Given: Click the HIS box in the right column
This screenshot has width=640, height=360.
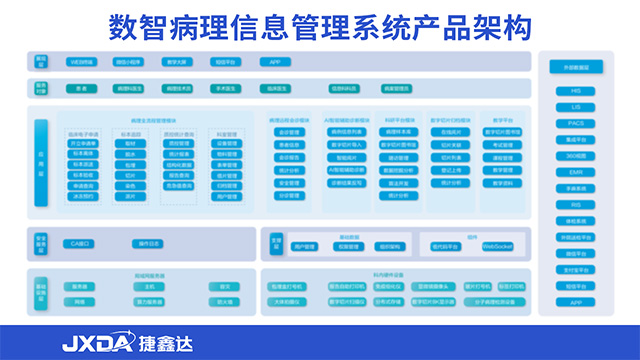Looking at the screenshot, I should tap(576, 91).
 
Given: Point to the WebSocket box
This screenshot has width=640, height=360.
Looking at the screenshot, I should tap(497, 246).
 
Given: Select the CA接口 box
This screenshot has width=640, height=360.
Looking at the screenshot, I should tap(79, 243).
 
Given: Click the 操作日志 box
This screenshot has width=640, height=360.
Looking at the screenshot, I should tap(149, 243).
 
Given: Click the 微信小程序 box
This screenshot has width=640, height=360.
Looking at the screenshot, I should tap(129, 62).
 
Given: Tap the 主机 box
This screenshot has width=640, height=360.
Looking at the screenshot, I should tap(150, 286).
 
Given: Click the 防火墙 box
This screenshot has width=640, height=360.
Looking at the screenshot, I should tap(226, 301).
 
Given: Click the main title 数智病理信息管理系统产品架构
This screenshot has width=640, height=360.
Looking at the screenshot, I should tap(319, 23).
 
